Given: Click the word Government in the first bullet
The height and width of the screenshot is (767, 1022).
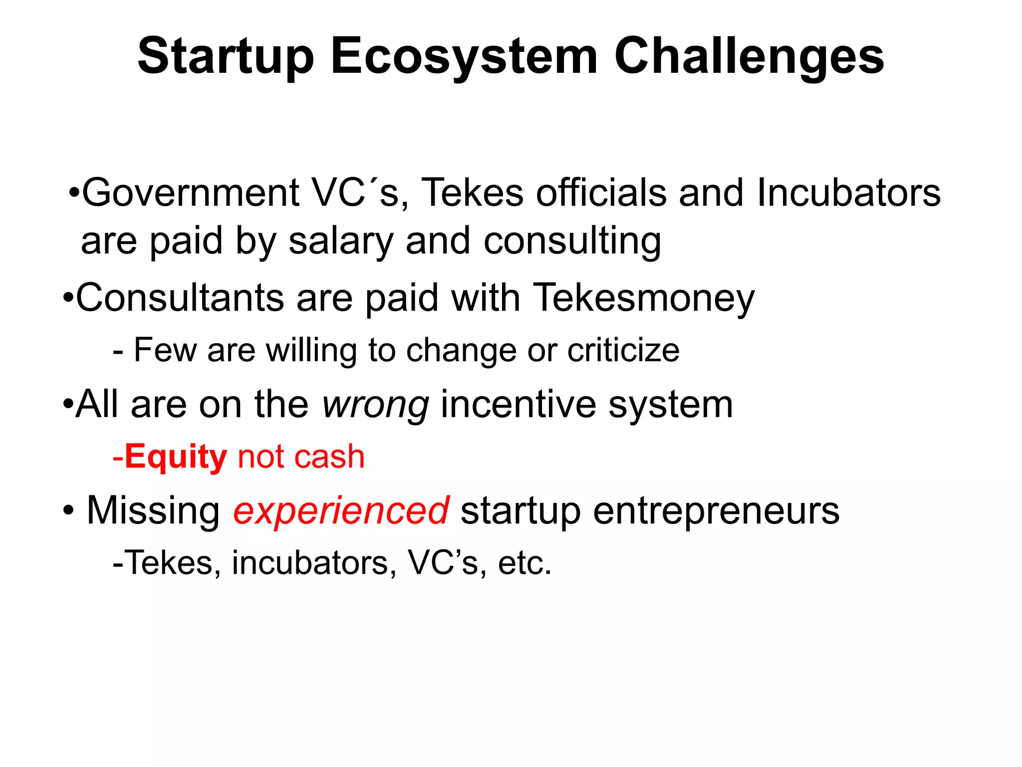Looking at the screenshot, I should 190,193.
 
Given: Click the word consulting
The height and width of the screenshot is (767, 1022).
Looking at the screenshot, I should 572,242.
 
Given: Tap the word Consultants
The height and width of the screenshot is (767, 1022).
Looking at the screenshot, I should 180,298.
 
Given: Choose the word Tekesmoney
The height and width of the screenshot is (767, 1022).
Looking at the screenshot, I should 644,298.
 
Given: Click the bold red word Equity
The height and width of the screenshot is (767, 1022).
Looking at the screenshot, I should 176,457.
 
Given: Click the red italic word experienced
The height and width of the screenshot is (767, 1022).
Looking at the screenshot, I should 341,511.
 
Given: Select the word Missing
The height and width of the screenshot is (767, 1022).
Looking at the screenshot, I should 153,511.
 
